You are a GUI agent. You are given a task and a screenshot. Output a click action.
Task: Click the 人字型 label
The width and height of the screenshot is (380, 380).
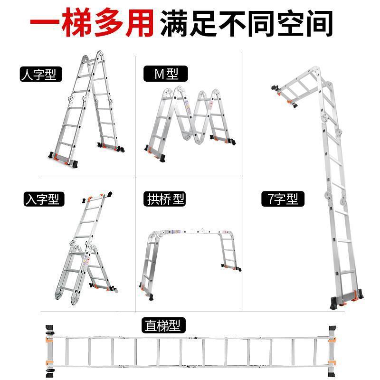(x=41, y=75)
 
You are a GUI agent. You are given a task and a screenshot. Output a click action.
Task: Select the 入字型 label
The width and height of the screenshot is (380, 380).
(x=44, y=199)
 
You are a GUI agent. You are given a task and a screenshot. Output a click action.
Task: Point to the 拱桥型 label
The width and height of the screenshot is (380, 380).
(x=164, y=199)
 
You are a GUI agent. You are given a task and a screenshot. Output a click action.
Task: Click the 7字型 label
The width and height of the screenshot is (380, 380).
(x=283, y=199)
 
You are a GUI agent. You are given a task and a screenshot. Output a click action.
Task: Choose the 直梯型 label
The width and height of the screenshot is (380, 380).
(x=164, y=326)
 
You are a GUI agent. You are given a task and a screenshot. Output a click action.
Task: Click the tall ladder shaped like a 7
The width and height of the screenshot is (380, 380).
(x=332, y=190)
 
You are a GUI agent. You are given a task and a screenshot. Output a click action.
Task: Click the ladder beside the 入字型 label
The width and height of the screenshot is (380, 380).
(x=88, y=247)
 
